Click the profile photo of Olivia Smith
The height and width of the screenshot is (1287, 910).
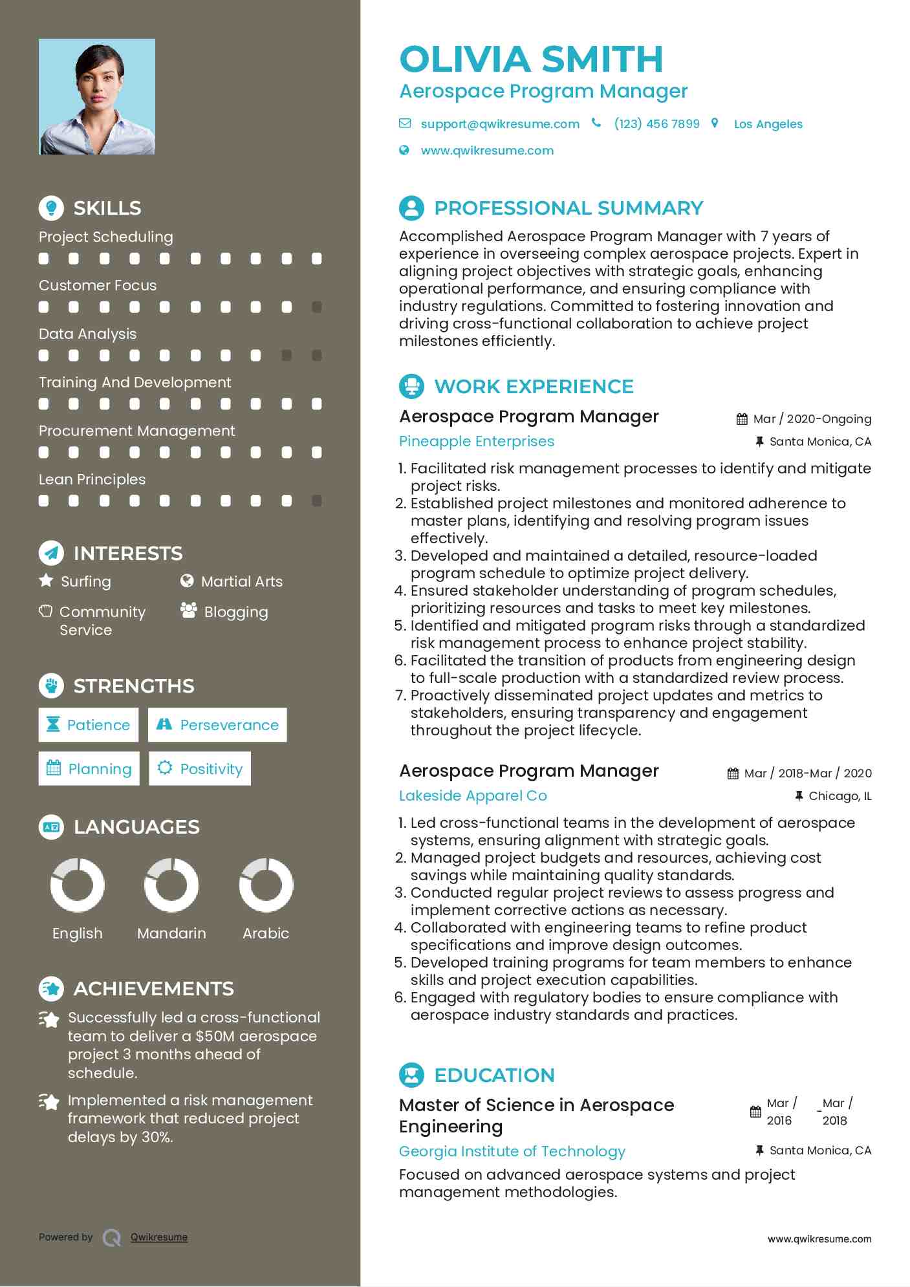[97, 97]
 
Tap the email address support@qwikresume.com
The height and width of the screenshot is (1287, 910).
[499, 124]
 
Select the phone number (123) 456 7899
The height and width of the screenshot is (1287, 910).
[656, 124]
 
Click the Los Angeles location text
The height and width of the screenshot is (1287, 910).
[768, 124]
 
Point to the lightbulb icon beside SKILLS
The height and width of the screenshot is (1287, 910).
[51, 208]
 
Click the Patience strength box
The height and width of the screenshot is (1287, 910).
[89, 725]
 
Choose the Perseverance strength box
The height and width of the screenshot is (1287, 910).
[217, 725]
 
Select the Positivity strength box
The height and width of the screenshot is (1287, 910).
[200, 768]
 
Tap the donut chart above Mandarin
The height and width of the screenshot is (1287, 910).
[171, 885]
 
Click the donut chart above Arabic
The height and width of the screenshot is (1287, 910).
[266, 885]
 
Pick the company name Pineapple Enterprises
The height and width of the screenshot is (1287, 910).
[477, 442]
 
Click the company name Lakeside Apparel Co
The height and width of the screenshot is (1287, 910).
[473, 796]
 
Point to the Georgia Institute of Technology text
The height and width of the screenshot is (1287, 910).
[512, 1151]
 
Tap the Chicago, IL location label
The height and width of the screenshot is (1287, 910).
[840, 796]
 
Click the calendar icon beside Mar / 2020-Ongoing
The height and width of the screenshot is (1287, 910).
[742, 419]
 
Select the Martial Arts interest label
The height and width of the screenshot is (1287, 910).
[241, 581]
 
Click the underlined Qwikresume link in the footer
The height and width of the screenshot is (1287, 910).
[159, 1237]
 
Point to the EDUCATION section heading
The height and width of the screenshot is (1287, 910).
[494, 1075]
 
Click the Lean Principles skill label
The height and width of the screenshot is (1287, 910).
[92, 479]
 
